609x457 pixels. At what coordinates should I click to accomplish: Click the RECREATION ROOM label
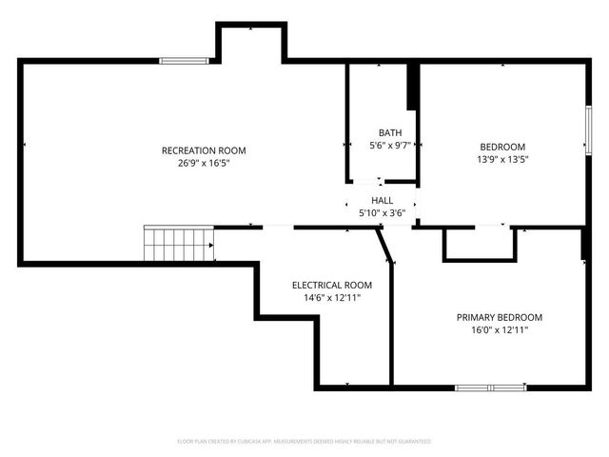coord(204,150)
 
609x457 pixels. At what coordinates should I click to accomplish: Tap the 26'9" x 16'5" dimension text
coord(204,164)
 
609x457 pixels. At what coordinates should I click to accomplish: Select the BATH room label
coord(390,133)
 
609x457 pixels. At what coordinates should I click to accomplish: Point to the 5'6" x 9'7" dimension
coord(390,146)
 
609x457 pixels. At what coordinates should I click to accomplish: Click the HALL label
coord(383,201)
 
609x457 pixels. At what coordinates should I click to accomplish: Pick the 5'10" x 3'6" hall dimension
coord(383,213)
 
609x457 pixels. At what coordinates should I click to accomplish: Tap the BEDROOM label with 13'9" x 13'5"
coord(502,147)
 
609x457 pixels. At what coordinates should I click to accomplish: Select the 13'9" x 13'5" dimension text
coord(502,160)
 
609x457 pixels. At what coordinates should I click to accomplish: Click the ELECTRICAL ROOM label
coord(332,285)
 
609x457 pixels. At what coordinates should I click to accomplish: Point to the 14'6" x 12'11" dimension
coord(332,298)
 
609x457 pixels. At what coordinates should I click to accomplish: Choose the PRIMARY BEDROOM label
coord(500,317)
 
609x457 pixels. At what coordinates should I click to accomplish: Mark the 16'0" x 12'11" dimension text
coord(500,330)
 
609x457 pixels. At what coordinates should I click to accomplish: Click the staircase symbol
coord(180,244)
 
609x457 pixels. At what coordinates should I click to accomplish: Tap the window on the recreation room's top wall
coord(185,61)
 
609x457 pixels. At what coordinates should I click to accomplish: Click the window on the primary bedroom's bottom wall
coord(490,387)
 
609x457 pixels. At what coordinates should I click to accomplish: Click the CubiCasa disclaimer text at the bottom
coord(304,442)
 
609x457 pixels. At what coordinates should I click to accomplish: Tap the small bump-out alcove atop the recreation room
coord(252,43)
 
